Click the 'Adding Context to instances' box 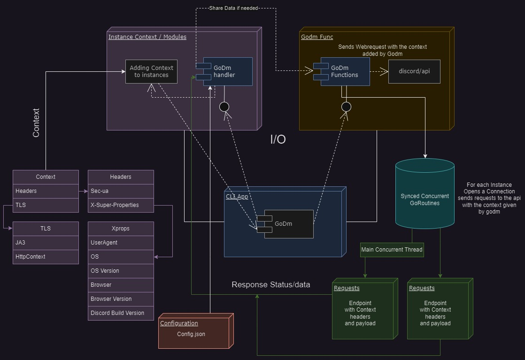click(151, 71)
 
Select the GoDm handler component click(228, 71)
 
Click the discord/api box click(414, 71)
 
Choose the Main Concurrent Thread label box click(392, 250)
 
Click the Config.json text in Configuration click(191, 334)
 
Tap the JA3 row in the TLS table click(46, 243)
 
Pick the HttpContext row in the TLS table click(46, 257)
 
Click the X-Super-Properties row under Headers click(121, 205)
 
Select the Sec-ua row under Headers click(121, 191)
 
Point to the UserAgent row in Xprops click(121, 243)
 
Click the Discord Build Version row click(121, 313)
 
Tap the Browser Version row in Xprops click(121, 299)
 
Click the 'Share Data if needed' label click(234, 8)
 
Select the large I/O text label click(278, 139)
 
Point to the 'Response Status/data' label click(270, 285)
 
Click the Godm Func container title click(317, 37)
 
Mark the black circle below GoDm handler click(224, 107)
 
